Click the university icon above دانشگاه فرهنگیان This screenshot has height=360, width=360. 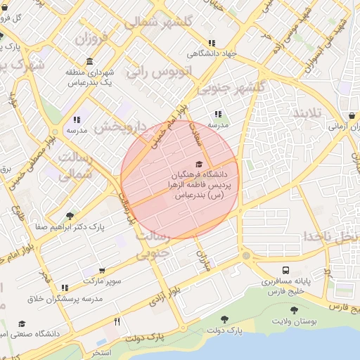[x=198, y=163]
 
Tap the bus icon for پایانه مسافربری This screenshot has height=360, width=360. [x=285, y=270]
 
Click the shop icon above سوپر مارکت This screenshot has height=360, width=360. [x=103, y=271]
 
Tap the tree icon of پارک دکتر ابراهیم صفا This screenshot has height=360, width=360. [x=69, y=216]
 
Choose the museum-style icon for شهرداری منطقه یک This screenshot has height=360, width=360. [x=89, y=62]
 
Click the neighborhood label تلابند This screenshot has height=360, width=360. [x=307, y=114]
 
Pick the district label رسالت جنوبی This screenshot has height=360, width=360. [x=165, y=243]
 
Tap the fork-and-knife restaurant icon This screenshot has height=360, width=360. [x=117, y=322]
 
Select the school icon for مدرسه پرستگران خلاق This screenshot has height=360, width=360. [x=65, y=288]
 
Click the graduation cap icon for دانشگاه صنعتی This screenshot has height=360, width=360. [x=22, y=323]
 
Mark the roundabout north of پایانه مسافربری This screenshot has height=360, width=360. [x=245, y=256]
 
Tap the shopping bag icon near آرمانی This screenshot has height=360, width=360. [x=351, y=116]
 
